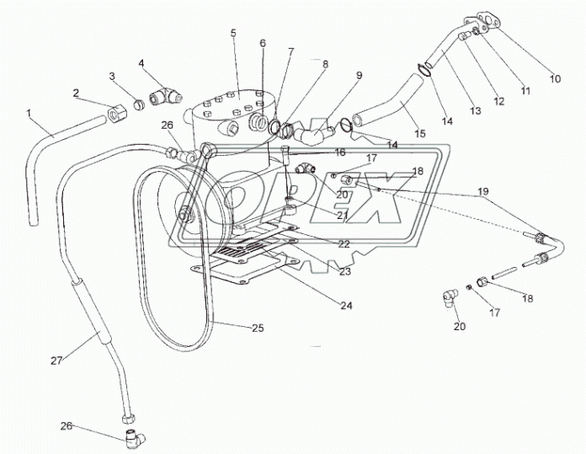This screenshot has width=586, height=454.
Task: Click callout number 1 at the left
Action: pyautogui.click(x=30, y=112)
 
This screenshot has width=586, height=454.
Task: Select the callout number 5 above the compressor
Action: pyautogui.click(x=233, y=33)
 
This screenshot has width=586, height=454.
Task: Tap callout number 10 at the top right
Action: pyautogui.click(x=554, y=78)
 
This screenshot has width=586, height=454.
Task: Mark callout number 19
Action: pyautogui.click(x=483, y=192)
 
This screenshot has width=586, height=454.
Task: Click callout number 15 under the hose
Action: pyautogui.click(x=420, y=134)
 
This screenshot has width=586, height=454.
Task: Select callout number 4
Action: pyautogui.click(x=141, y=63)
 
